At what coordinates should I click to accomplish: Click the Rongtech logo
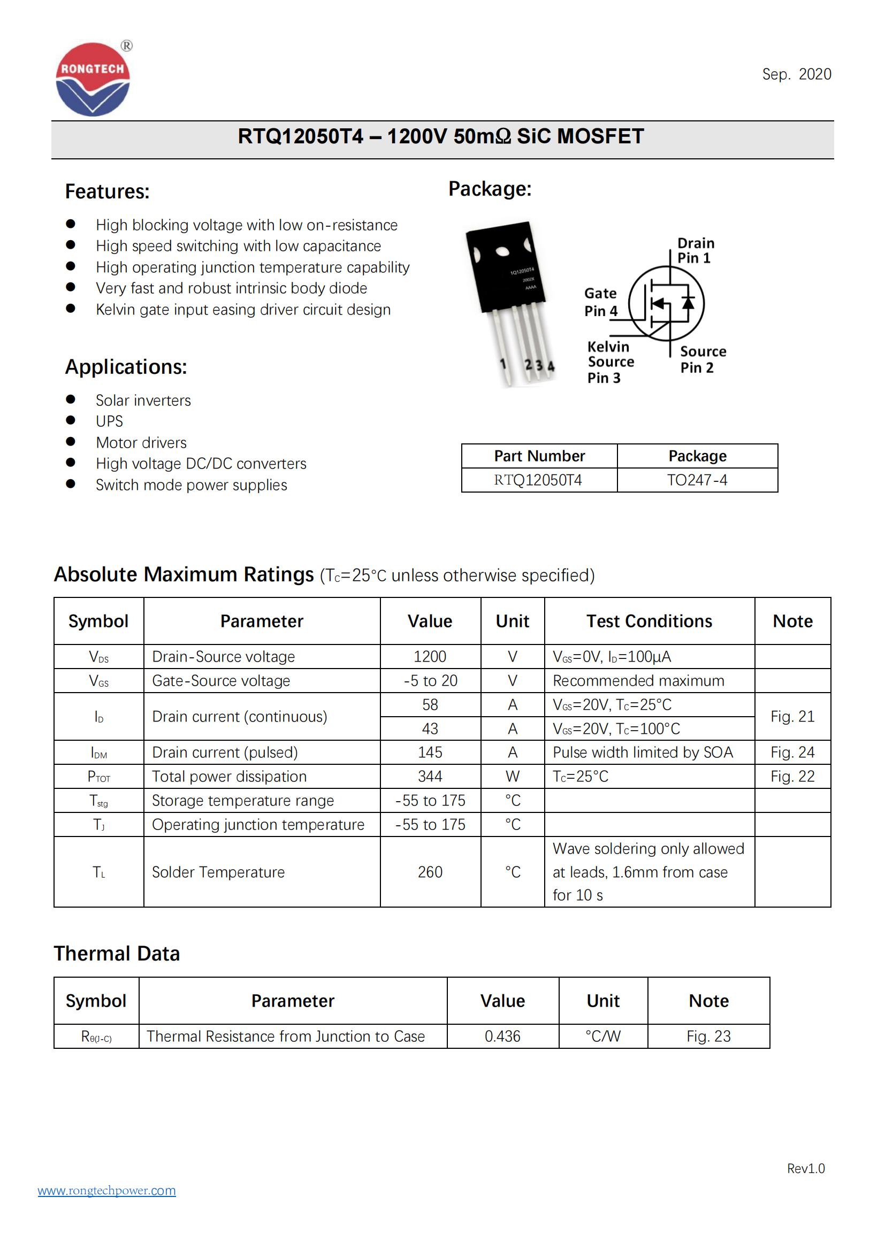(93, 80)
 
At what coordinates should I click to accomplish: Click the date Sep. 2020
(796, 74)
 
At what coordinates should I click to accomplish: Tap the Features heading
(107, 192)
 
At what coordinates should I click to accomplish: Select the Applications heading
(126, 367)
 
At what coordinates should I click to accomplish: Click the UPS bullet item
(109, 421)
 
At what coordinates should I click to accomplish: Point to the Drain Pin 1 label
(696, 251)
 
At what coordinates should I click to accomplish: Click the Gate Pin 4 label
(600, 302)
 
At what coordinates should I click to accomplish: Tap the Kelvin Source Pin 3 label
(610, 362)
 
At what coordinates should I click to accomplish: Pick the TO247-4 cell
(697, 480)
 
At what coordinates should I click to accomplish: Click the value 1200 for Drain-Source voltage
(430, 657)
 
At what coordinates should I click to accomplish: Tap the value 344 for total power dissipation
(430, 777)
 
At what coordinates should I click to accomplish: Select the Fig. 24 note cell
(792, 753)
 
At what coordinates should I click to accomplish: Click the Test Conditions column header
(649, 621)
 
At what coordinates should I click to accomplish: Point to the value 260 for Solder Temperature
(430, 872)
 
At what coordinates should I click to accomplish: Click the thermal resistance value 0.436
(502, 1036)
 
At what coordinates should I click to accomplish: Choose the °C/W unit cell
(602, 1036)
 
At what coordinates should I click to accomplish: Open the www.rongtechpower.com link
(107, 1190)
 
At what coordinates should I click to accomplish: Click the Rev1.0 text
(805, 1168)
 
